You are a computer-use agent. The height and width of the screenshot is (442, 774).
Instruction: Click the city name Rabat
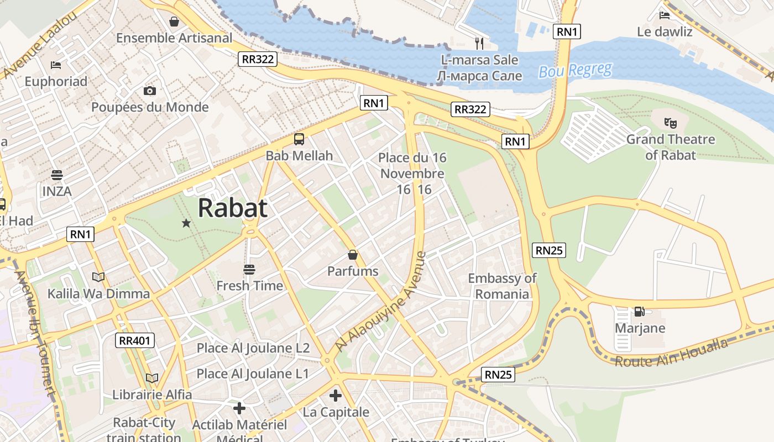232,208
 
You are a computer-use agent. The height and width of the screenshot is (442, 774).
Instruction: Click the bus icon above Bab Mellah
299,139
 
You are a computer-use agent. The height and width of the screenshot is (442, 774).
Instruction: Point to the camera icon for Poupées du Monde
149,91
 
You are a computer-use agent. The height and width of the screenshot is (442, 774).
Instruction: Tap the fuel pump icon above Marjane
639,312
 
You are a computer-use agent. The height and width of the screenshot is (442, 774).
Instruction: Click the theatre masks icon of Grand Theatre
670,123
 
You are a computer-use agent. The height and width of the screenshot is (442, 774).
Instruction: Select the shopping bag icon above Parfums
352,255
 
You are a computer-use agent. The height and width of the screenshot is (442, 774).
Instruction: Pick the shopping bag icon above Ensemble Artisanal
174,22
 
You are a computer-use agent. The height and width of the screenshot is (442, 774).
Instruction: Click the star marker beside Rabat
186,223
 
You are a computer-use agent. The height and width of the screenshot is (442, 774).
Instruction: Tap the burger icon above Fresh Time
249,270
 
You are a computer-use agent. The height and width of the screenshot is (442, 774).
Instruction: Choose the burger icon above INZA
56,175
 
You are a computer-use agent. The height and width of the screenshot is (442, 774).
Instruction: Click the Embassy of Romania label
502,286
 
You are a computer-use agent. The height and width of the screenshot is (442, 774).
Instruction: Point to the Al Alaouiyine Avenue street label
381,302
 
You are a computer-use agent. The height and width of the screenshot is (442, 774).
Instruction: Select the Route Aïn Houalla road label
671,354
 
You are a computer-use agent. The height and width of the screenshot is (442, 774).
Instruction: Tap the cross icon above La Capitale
336,396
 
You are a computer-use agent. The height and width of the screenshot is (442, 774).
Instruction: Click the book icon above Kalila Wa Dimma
98,277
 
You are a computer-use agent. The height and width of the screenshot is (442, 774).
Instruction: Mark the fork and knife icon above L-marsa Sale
479,43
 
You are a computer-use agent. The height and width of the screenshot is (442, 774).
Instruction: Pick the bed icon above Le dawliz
665,15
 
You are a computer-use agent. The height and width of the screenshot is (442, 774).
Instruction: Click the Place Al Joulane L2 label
253,348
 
